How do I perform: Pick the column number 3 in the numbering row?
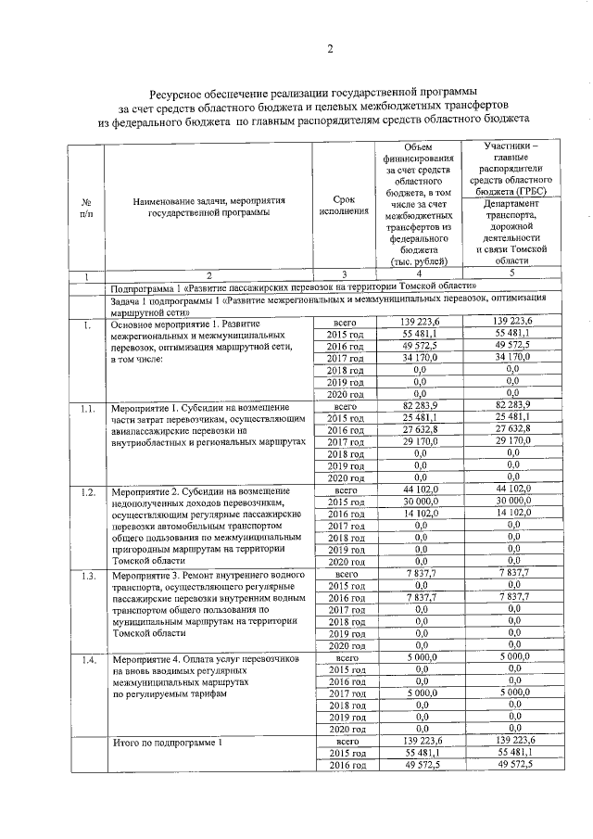pos(343,275)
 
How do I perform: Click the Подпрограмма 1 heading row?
pos(292,286)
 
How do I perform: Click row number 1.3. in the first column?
pos(86,576)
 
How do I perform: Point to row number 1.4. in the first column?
pos(86,659)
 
